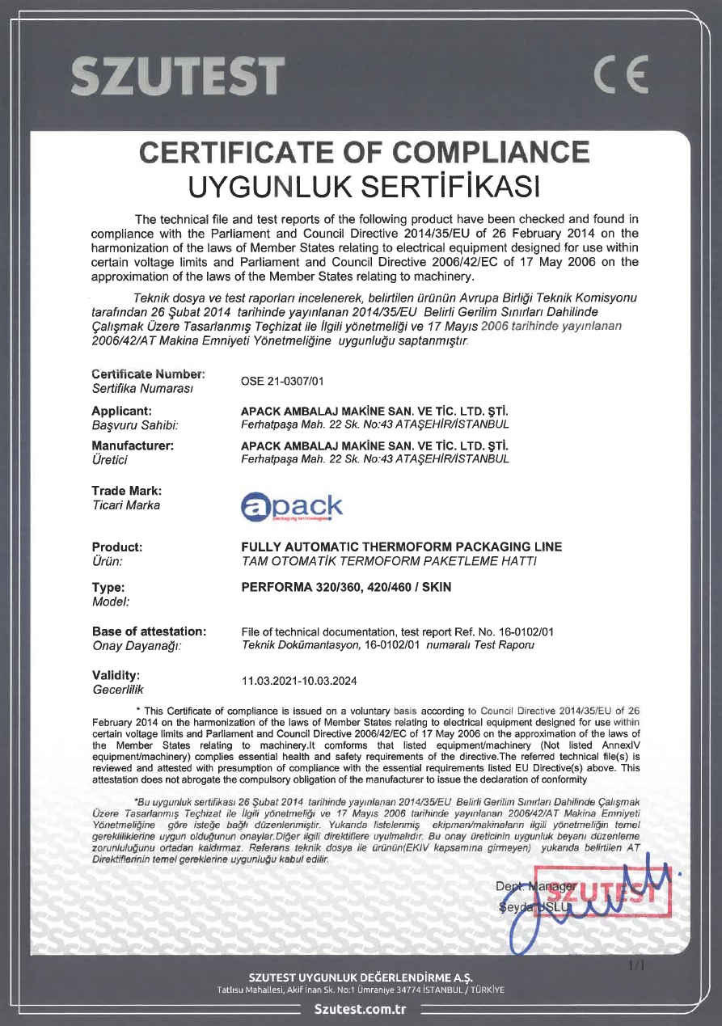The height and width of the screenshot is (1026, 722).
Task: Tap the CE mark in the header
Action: click(620, 77)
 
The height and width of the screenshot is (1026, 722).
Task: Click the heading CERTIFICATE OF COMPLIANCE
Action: click(365, 152)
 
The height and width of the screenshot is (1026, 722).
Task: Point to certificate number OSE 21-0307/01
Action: click(283, 381)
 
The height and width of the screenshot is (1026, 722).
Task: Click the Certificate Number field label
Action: click(148, 374)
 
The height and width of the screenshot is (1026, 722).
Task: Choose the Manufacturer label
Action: click(133, 445)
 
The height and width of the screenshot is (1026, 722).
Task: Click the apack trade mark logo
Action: click(292, 507)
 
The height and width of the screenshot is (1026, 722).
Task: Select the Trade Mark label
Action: click(126, 491)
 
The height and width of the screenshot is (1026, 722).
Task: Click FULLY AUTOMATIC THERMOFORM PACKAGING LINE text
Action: click(402, 547)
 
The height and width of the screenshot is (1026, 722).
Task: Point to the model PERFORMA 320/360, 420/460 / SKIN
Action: click(346, 587)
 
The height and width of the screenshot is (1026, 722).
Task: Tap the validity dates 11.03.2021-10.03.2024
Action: click(299, 681)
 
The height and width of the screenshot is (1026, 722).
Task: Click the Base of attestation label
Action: click(149, 631)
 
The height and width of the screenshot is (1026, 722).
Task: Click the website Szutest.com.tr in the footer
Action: click(360, 1009)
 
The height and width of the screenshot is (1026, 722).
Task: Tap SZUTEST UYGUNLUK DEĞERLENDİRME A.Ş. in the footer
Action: click(361, 979)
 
